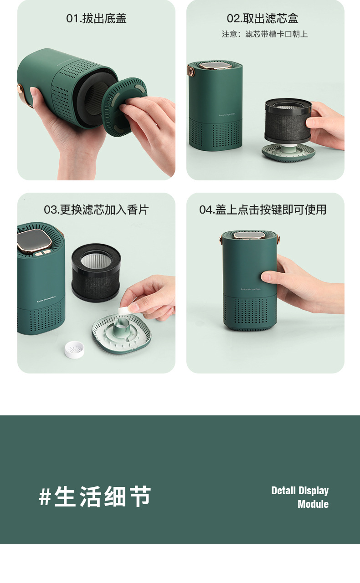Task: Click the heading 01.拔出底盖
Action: tap(96, 19)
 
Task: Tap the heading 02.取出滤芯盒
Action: tap(262, 19)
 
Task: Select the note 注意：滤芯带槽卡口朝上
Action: tap(265, 34)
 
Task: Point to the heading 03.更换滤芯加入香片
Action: tap(96, 210)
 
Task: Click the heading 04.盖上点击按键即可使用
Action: tap(262, 210)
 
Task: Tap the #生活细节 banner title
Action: tap(95, 496)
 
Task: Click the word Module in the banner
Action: tap(313, 504)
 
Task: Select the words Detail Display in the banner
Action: tap(300, 491)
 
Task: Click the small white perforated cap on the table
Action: tap(74, 349)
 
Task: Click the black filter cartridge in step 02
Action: tap(288, 121)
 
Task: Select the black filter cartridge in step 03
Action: tap(96, 272)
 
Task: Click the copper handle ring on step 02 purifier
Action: tap(191, 71)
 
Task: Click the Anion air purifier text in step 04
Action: tap(250, 289)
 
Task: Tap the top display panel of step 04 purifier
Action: tap(249, 235)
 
